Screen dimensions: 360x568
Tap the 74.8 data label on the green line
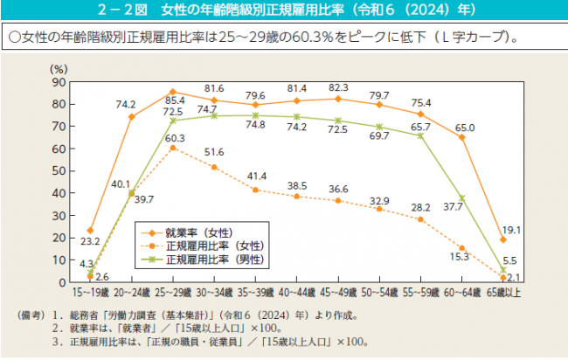click(256, 125)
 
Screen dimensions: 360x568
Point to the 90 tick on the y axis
click(59, 81)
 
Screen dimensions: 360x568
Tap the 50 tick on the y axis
click(59, 170)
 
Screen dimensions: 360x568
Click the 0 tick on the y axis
click(62, 282)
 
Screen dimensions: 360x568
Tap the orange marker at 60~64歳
click(461, 137)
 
